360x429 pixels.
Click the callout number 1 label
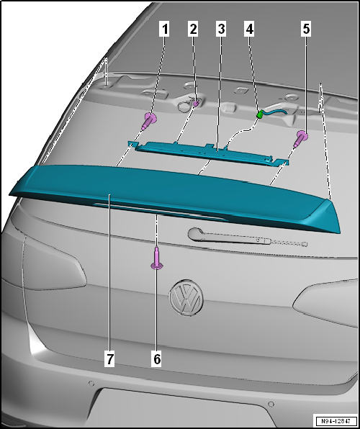point(164,30)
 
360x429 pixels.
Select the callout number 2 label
point(193,30)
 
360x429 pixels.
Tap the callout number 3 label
point(221,30)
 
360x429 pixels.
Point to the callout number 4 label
point(249,30)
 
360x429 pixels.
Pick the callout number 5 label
point(306,30)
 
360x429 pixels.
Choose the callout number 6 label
point(156,359)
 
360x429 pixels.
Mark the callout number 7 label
point(109,359)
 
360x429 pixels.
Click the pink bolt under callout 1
point(149,121)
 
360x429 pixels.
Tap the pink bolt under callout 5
point(300,139)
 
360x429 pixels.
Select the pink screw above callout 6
point(156,258)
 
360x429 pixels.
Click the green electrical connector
point(260,114)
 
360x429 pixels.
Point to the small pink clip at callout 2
point(197,104)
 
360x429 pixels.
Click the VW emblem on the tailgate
point(186,298)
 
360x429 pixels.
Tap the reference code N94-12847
point(336,420)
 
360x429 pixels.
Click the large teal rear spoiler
point(175,195)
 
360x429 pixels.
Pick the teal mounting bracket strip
point(209,153)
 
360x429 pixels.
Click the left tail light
point(52,263)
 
